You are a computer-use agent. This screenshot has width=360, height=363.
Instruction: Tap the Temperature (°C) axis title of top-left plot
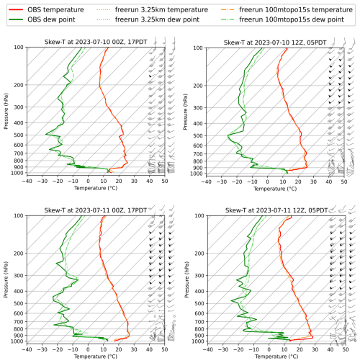[96, 190]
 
